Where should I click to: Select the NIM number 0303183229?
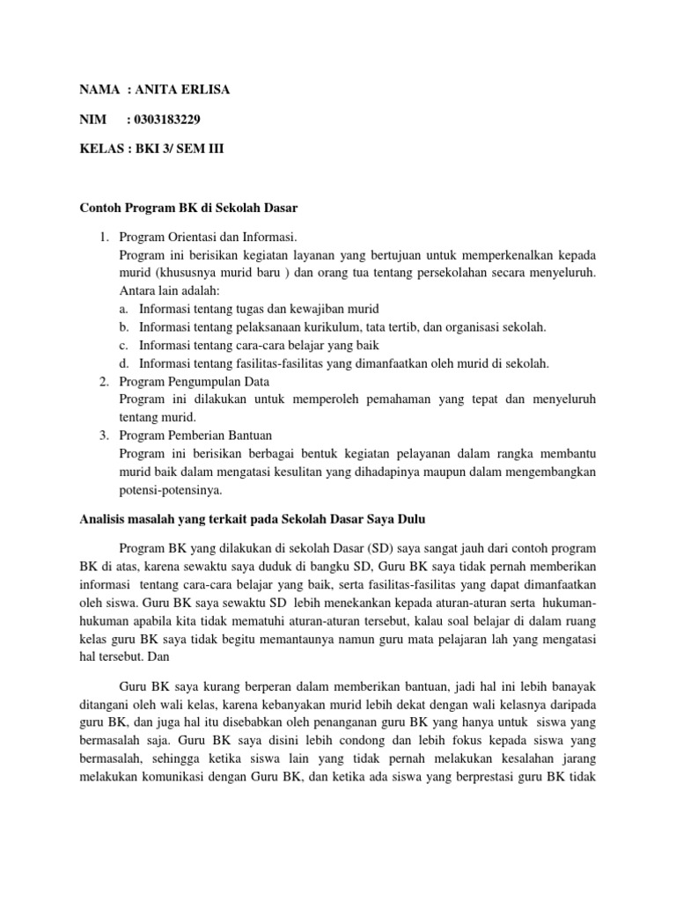point(177,119)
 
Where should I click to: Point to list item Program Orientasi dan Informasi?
point(208,237)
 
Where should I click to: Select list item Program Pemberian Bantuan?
point(195,435)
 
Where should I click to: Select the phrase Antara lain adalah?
point(169,290)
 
